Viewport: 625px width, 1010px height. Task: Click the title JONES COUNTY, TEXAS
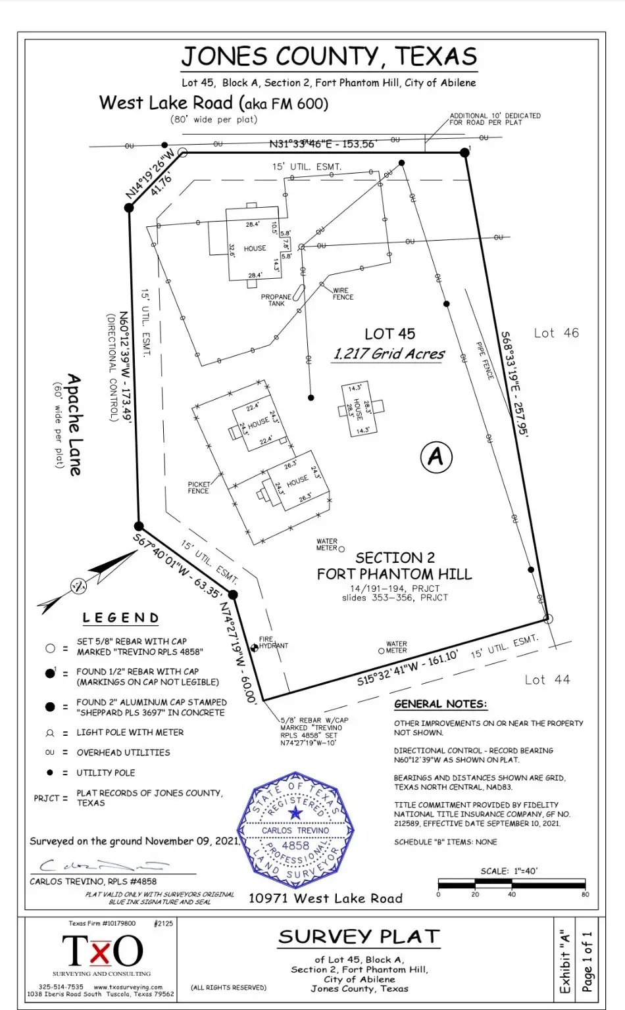329,57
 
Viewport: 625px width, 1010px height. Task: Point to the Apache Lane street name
74,425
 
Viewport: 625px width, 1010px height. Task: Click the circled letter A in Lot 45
436,456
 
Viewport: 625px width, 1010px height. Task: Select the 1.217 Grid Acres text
389,354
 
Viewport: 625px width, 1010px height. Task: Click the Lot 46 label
556,333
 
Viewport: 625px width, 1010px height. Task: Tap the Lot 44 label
547,680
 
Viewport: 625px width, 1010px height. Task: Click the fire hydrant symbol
255,648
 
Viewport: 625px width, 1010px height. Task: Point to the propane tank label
276,300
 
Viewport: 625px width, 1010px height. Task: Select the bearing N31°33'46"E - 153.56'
322,144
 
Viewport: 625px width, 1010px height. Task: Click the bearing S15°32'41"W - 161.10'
407,667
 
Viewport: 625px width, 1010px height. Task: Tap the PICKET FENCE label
198,487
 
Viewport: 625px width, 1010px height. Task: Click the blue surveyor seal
295,831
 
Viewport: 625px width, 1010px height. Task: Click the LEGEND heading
120,618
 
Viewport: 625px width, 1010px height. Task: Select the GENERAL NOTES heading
440,704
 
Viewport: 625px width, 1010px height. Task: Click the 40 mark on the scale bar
512,894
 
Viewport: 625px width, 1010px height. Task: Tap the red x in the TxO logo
99,951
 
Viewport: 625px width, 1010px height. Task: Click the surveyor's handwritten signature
99,865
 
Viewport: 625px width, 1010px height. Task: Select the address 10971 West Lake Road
325,898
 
